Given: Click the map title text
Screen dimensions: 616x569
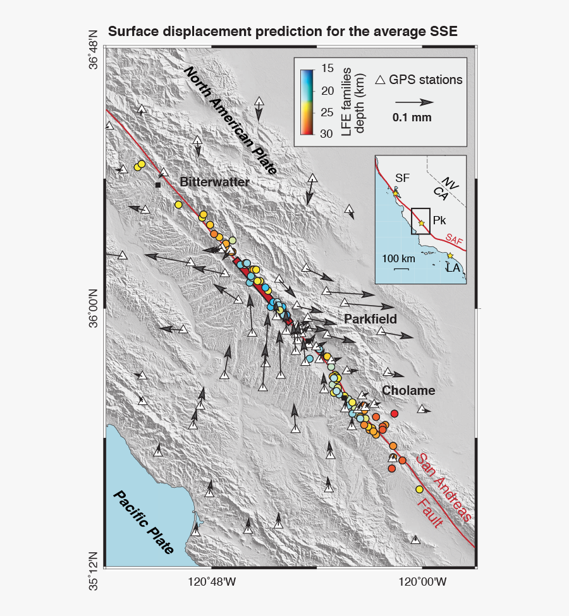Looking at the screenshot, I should [x=283, y=32].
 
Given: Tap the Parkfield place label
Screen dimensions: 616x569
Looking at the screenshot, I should [x=370, y=320].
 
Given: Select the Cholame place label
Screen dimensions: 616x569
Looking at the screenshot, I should [x=408, y=390].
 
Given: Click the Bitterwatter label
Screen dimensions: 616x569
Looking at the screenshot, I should [x=214, y=182].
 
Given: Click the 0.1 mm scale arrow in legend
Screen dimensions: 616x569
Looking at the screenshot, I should [x=415, y=102].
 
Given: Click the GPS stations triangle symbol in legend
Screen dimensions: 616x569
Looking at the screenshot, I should [x=381, y=80].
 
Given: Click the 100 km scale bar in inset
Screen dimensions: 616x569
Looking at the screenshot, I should [x=400, y=269].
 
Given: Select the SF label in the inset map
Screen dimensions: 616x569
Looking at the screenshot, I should [x=402, y=178].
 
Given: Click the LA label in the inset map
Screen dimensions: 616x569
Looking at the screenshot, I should [x=453, y=269].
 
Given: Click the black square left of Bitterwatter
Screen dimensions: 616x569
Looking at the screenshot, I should [x=157, y=185].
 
